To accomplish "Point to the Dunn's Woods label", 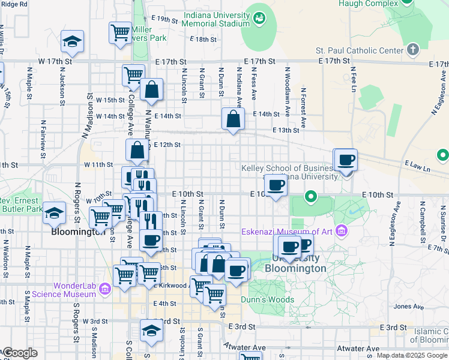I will pyautogui.click(x=267, y=299).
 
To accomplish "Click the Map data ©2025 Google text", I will pyautogui.click(x=412, y=355).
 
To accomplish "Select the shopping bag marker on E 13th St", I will pyautogui.click(x=233, y=119).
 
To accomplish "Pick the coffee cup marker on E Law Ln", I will pyautogui.click(x=345, y=160).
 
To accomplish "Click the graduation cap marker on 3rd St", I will pyautogui.click(x=151, y=329).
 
